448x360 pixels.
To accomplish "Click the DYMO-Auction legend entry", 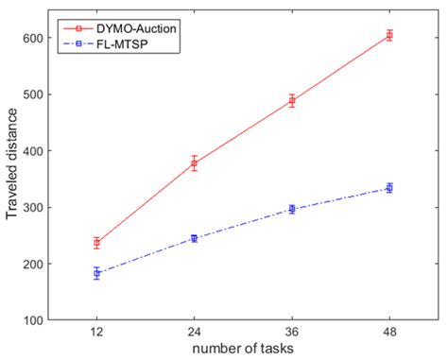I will click(x=131, y=28).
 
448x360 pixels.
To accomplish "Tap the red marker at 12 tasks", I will click(x=96, y=243).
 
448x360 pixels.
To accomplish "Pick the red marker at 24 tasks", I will click(x=194, y=163).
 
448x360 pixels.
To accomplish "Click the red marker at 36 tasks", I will click(x=291, y=100).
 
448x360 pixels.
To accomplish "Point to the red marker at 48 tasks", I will click(x=388, y=36).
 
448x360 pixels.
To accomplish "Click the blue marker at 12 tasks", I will click(x=96, y=273).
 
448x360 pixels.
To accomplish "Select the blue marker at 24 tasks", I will click(x=194, y=238).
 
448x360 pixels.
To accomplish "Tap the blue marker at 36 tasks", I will click(x=291, y=209).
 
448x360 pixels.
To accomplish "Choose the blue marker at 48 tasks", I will click(x=388, y=188).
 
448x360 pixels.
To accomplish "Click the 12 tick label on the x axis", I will click(x=96, y=333).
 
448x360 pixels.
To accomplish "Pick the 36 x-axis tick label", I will click(x=291, y=333).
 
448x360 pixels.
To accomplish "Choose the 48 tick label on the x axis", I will click(x=388, y=333).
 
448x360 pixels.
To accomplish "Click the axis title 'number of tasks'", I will click(x=243, y=349).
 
